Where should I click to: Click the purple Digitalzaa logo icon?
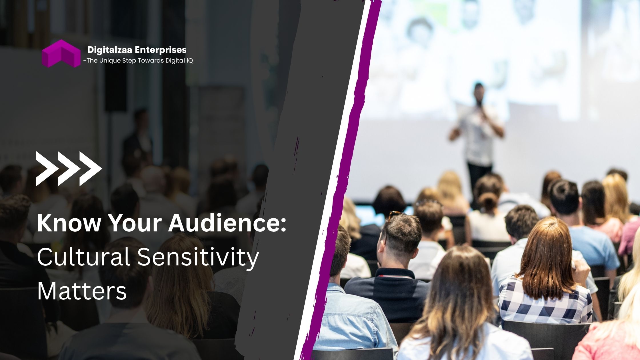(61, 53)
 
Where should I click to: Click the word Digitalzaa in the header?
(110, 50)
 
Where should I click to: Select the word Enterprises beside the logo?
(161, 50)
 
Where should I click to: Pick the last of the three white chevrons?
(91, 169)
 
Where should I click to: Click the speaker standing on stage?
(477, 134)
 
